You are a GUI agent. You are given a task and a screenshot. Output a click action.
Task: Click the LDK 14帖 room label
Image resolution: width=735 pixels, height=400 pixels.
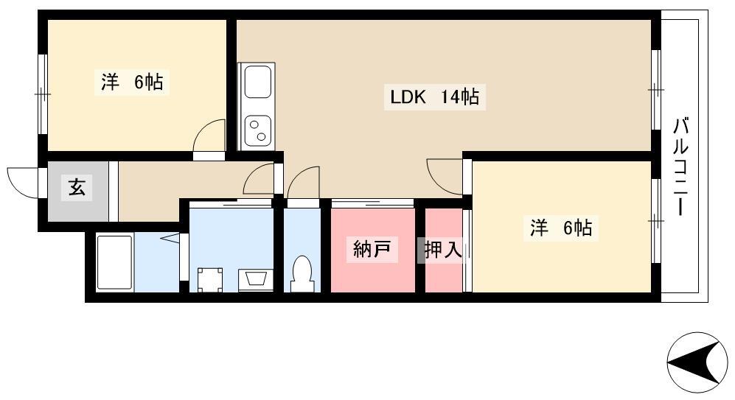coord(434,97)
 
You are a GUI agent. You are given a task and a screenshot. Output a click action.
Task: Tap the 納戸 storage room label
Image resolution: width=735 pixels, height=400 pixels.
coord(372,249)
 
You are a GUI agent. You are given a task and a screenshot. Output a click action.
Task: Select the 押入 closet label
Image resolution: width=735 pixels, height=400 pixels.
coord(443,249)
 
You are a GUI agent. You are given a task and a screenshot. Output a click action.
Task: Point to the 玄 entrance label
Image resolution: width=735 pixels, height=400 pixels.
coord(77,188)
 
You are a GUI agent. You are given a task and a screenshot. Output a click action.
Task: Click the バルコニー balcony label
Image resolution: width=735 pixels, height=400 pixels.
coord(680,167)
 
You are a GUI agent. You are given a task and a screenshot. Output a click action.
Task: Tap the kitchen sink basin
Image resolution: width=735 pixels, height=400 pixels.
coord(257,83)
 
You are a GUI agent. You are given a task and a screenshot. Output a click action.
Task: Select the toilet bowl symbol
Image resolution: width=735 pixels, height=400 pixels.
coord(302,273)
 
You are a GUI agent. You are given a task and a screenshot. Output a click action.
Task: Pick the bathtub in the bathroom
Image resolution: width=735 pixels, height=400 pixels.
coord(114,263)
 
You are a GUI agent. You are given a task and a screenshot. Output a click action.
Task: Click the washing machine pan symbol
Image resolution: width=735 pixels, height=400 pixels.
coord(209,280)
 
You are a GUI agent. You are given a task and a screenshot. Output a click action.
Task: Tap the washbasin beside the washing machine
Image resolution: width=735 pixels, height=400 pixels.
coord(256,280)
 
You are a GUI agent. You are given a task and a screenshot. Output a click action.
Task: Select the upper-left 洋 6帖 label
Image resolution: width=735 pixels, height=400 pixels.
coord(132,82)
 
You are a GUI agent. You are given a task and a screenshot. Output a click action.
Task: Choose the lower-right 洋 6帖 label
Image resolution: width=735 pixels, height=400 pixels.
coord(560,228)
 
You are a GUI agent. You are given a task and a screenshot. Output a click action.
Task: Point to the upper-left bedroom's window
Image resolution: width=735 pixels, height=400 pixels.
coord(43,94)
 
